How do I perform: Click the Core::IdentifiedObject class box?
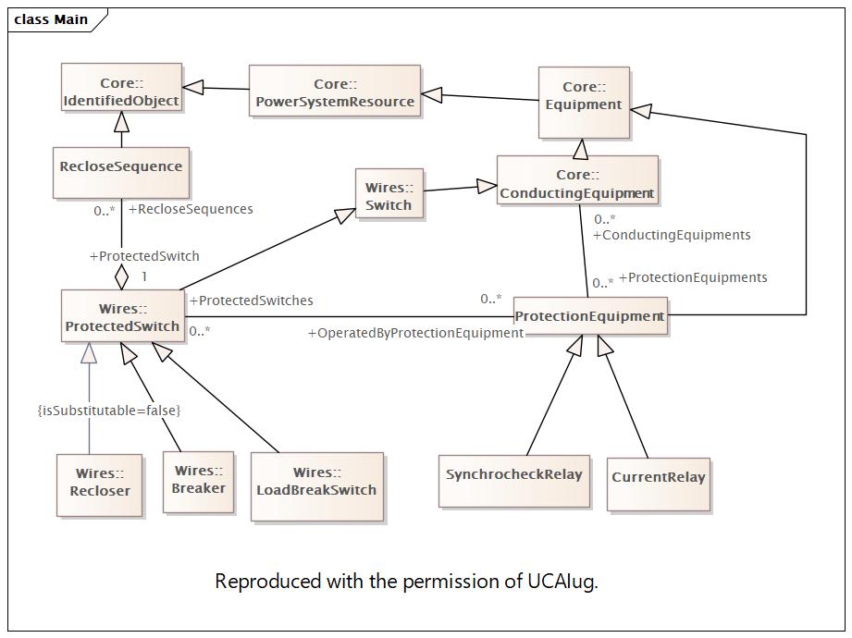click(122, 88)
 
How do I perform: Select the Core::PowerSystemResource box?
click(335, 91)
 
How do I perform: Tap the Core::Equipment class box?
click(584, 103)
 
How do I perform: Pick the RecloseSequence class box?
click(121, 173)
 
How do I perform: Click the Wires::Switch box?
click(389, 193)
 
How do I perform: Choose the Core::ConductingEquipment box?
click(577, 180)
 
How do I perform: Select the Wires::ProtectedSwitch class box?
click(123, 315)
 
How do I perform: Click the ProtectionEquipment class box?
click(590, 315)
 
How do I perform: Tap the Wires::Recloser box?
click(99, 485)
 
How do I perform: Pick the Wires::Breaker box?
click(198, 482)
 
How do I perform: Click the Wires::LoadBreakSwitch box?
click(316, 487)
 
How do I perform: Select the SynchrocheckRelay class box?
click(514, 482)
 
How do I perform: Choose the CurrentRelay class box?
click(659, 485)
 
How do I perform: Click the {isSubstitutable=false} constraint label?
click(108, 410)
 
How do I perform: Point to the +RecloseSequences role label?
click(191, 209)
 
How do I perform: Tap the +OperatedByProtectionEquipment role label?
click(415, 333)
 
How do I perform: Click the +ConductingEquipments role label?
click(672, 235)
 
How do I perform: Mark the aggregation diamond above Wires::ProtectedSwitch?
click(122, 276)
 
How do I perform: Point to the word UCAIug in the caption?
click(562, 582)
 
